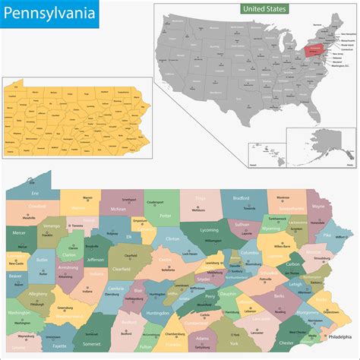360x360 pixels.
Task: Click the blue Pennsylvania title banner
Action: pyautogui.click(x=52, y=13)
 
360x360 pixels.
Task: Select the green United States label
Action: pyautogui.click(x=265, y=8)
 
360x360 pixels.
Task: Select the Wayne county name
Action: pyautogui.click(x=318, y=206)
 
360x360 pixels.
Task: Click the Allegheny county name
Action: pyautogui.click(x=37, y=292)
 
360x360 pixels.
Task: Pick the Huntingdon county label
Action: pyautogui.click(x=157, y=312)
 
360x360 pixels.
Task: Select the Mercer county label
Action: pyautogui.click(x=21, y=245)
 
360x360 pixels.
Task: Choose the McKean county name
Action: pyautogui.click(x=118, y=209)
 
